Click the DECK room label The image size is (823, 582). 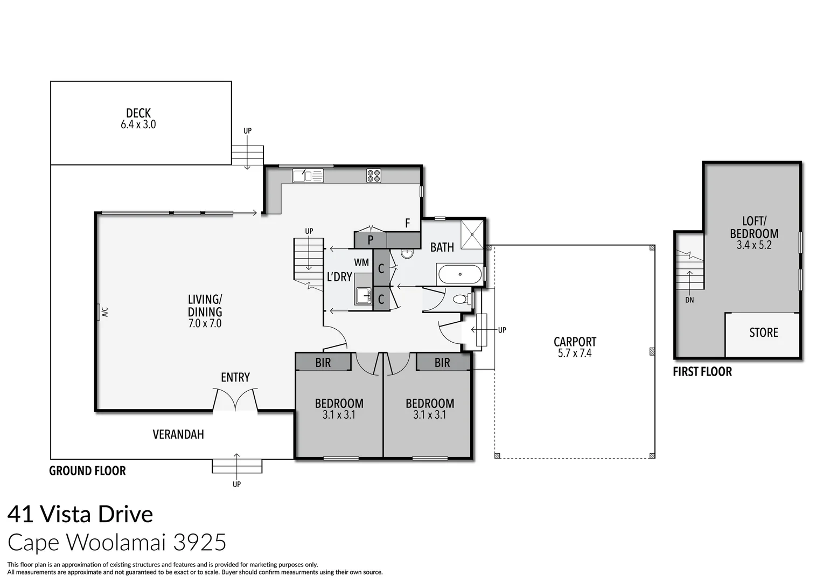pyautogui.click(x=138, y=113)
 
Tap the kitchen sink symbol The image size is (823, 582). pyautogui.click(x=308, y=176)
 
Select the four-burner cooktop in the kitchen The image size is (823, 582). pyautogui.click(x=374, y=176)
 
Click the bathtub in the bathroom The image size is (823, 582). pyautogui.click(x=460, y=274)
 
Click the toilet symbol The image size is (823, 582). pyautogui.click(x=461, y=299)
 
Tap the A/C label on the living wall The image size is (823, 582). pyautogui.click(x=104, y=312)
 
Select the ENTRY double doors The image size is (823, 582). pyautogui.click(x=235, y=401)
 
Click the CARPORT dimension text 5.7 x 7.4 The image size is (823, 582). pyautogui.click(x=575, y=354)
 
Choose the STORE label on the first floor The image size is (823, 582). pyautogui.click(x=763, y=332)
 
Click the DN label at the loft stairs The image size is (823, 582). pyautogui.click(x=689, y=300)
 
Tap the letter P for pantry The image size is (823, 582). pyautogui.click(x=371, y=240)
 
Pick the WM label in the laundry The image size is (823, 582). pyautogui.click(x=361, y=262)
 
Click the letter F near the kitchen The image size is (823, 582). pyautogui.click(x=408, y=223)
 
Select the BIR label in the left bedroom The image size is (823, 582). pyautogui.click(x=323, y=363)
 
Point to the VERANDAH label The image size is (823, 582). pyautogui.click(x=178, y=434)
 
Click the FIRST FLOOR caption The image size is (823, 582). pyautogui.click(x=702, y=372)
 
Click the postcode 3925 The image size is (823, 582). pyautogui.click(x=199, y=542)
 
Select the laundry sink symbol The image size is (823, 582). pyautogui.click(x=364, y=295)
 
